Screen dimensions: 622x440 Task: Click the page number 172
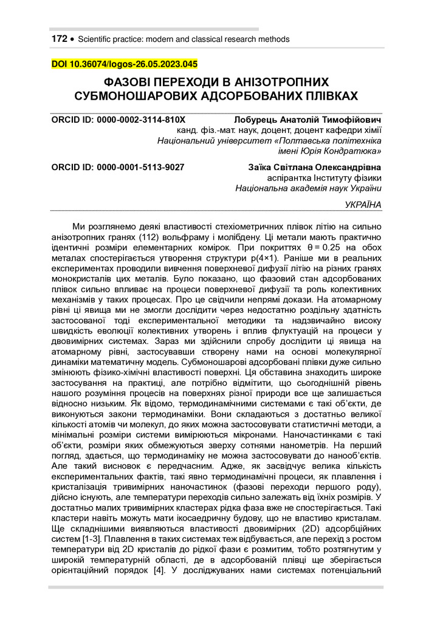click(x=59, y=39)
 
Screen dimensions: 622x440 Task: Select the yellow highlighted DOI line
click(x=124, y=64)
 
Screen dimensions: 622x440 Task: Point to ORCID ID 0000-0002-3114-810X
click(x=117, y=120)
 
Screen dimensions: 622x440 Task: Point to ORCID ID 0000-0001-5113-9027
click(x=117, y=166)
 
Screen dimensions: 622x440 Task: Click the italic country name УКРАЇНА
click(x=363, y=205)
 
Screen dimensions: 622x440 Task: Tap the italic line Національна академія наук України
click(x=308, y=188)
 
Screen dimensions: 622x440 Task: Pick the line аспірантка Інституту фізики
click(x=325, y=177)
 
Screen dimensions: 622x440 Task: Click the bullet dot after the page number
click(x=72, y=39)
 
